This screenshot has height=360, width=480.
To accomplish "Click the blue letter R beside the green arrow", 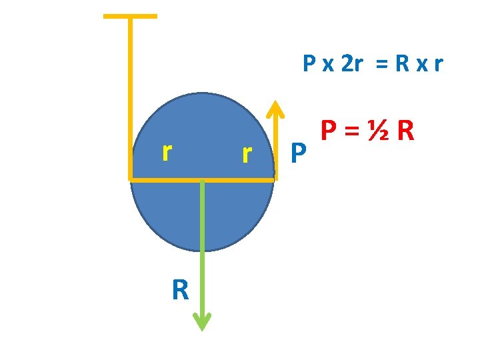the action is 180,291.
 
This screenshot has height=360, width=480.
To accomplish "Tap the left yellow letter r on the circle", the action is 168,153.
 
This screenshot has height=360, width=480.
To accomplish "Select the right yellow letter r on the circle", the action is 247,154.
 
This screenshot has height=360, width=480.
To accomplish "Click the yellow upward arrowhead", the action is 274,109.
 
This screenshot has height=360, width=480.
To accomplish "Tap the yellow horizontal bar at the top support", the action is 131,16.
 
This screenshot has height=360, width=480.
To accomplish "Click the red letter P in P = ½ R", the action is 329,131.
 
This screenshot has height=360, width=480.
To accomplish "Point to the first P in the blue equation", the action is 309,65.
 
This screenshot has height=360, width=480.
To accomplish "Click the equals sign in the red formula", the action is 353,131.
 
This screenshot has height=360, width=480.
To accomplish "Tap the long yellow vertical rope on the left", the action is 130,100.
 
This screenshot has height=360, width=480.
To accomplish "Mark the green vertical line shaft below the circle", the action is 202,253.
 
